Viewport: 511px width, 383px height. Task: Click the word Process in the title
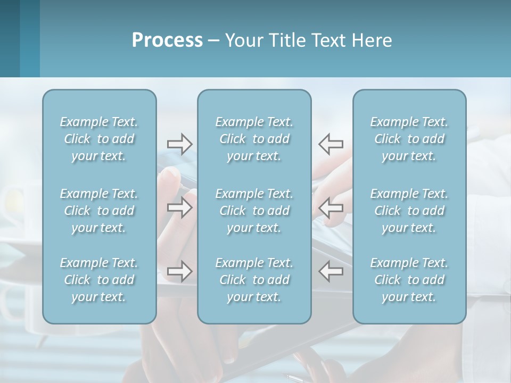tap(167, 40)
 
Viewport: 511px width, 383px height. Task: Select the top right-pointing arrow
tap(179, 144)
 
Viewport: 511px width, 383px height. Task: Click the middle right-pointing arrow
tap(179, 207)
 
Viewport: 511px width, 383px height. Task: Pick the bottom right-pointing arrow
tap(179, 271)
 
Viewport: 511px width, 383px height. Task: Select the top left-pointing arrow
tap(331, 144)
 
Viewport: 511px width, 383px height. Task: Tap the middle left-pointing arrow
tap(331, 207)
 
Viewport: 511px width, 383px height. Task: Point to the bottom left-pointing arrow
tap(331, 271)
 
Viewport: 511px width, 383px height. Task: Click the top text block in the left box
tap(99, 139)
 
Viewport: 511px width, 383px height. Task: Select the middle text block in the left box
tap(99, 211)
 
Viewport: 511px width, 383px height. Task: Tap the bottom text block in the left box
tap(99, 280)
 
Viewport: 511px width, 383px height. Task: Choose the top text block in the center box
tap(254, 139)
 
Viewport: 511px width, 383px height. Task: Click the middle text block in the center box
tap(254, 211)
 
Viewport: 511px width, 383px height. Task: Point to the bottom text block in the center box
tap(254, 280)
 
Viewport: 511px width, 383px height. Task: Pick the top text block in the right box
tap(409, 139)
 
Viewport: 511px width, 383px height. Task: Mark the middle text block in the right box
tap(409, 211)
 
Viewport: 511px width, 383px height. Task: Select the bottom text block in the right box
tap(409, 280)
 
